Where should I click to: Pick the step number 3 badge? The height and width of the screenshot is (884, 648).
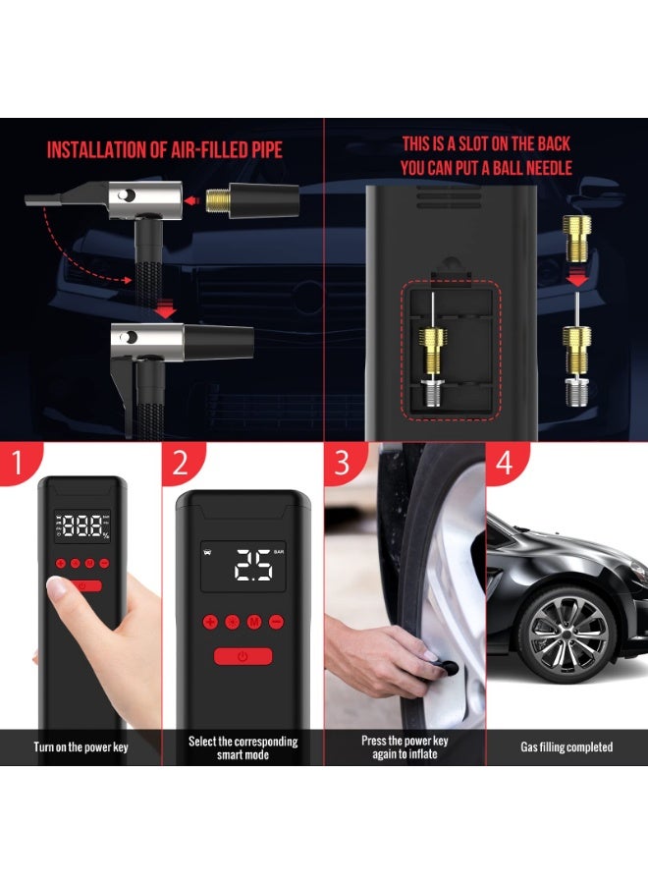[x=342, y=463]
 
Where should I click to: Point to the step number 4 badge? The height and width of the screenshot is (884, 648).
[x=505, y=463]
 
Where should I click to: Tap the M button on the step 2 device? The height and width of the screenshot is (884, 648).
[x=253, y=621]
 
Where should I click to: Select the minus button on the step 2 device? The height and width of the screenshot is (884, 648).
[x=276, y=621]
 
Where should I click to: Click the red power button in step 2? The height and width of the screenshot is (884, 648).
[x=243, y=657]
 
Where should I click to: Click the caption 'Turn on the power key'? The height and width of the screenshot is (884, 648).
[x=81, y=747]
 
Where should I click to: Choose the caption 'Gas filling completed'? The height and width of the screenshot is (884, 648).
[x=567, y=747]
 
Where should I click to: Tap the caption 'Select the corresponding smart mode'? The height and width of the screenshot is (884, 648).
[x=243, y=747]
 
